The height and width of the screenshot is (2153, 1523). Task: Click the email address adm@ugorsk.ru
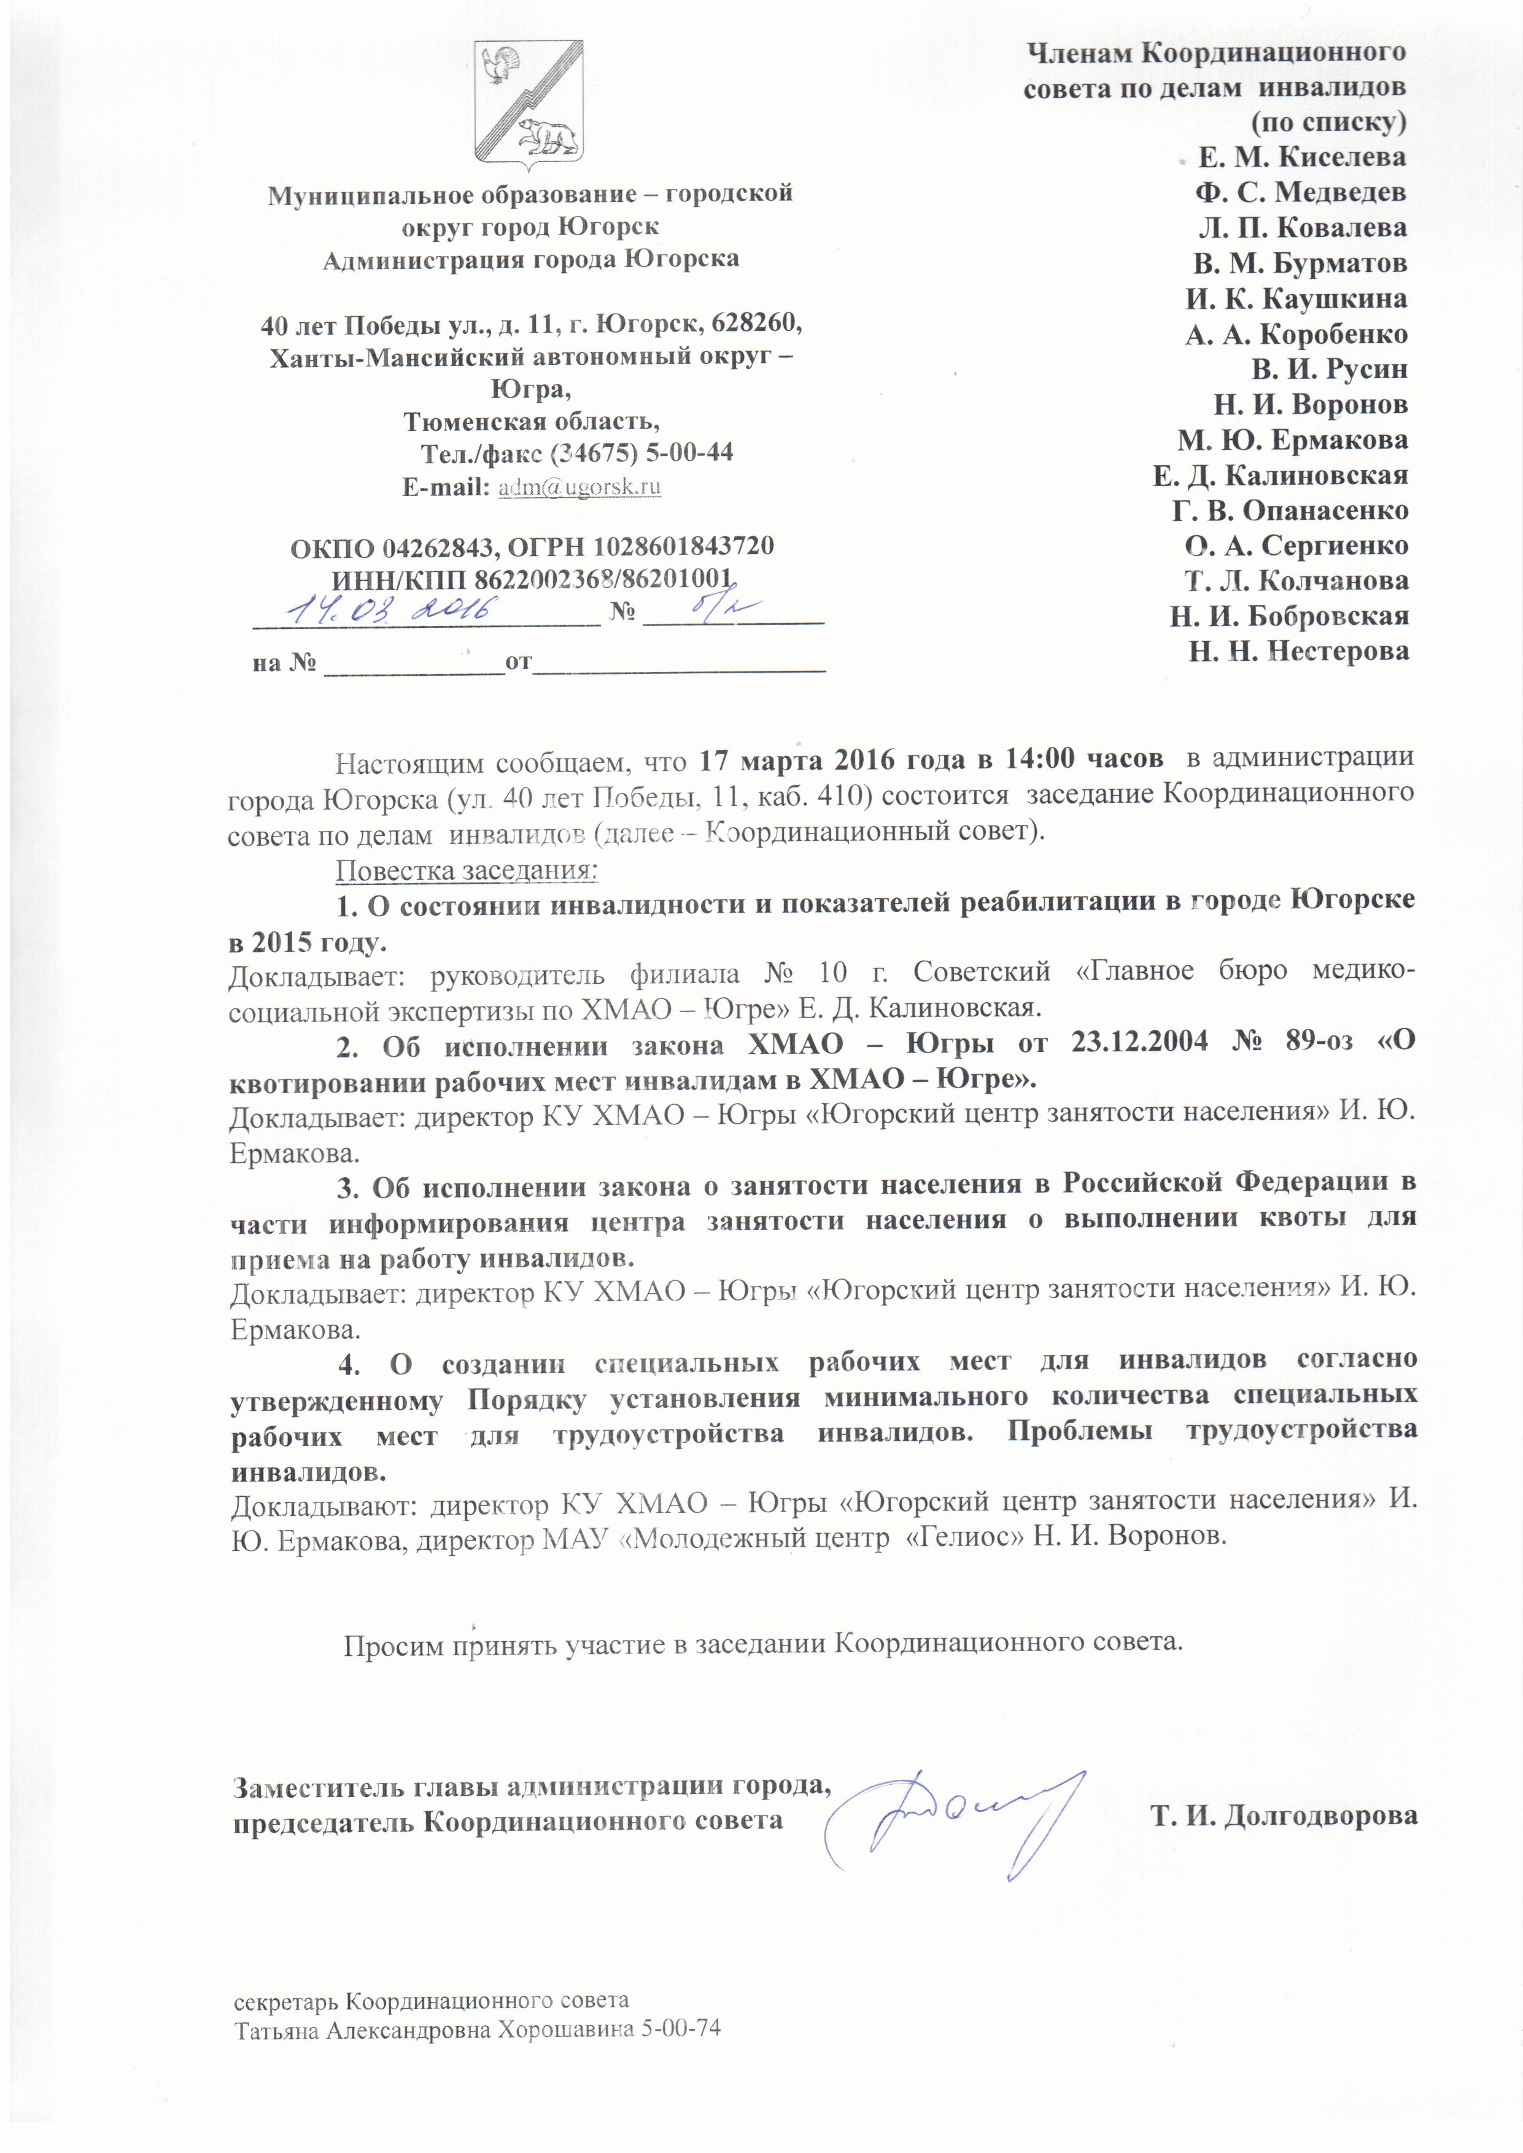pyautogui.click(x=579, y=487)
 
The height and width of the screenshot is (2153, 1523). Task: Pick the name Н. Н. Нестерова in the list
pyautogui.click(x=1299, y=652)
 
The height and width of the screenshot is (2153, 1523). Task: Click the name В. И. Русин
pyautogui.click(x=1329, y=369)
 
